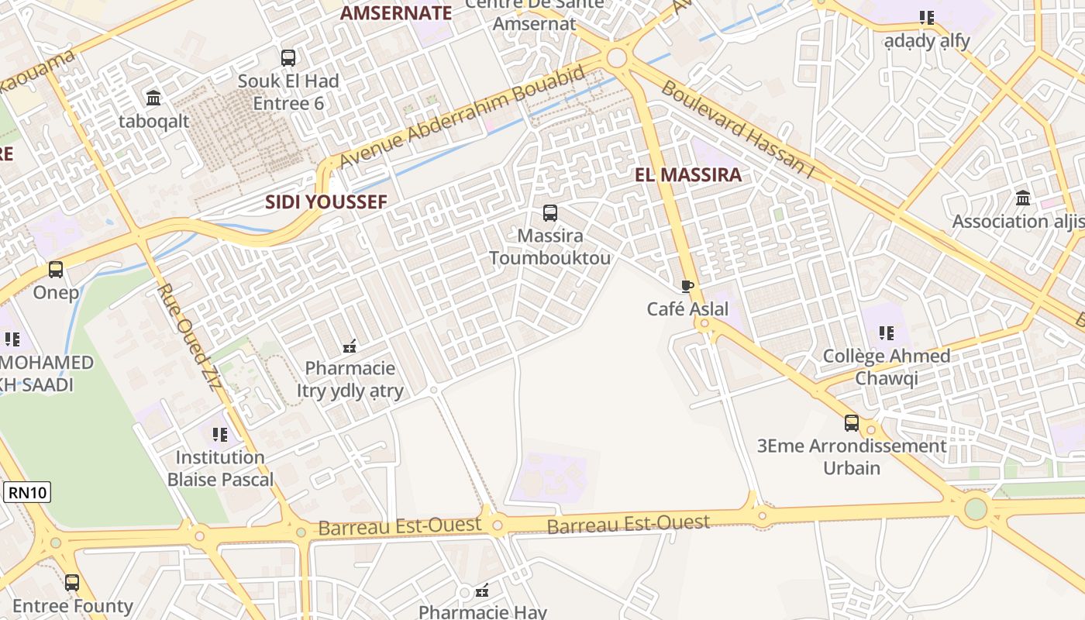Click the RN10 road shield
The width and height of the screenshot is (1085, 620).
[x=27, y=492]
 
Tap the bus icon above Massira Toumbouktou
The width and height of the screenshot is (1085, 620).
[x=550, y=212]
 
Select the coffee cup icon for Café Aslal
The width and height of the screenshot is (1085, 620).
[x=687, y=286]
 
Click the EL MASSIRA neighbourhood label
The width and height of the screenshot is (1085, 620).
[x=688, y=174]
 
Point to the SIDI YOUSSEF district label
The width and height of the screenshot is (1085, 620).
[x=325, y=202]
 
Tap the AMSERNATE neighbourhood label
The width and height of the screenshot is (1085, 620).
[x=395, y=13]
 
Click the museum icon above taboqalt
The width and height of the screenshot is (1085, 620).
[x=153, y=98]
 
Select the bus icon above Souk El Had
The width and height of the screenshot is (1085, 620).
[x=288, y=57]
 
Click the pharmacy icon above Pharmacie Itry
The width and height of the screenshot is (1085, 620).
[x=350, y=346]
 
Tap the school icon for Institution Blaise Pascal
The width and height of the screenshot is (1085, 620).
[x=220, y=435]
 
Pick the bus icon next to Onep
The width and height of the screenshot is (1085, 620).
[x=56, y=270]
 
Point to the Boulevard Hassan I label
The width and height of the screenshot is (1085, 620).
[x=737, y=129]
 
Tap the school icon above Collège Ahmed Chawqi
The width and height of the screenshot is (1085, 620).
[x=887, y=334]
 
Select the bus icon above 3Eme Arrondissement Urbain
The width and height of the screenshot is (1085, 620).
[x=852, y=423]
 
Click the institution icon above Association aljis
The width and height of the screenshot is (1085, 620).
[x=1023, y=198]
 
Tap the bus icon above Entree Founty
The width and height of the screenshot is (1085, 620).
[x=72, y=583]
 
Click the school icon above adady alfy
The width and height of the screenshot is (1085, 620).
[x=927, y=17]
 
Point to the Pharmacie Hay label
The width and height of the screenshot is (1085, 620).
[x=483, y=611]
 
